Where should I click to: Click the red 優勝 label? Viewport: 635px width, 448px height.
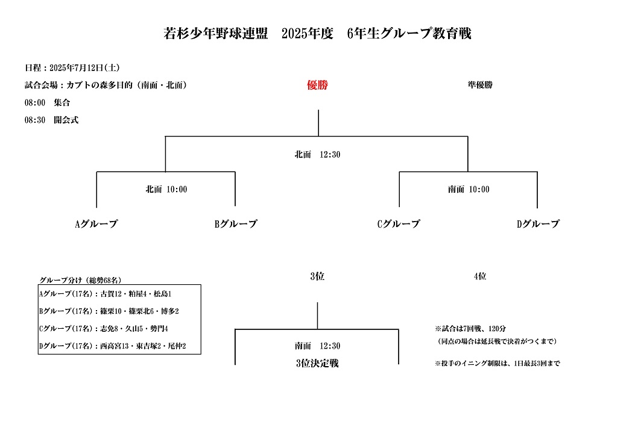(x=317, y=85)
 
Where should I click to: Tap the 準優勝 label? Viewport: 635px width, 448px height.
(x=480, y=85)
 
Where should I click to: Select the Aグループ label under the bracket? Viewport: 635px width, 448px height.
(x=96, y=223)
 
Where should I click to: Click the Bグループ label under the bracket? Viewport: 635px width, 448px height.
(x=236, y=223)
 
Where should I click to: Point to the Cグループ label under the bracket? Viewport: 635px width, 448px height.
(x=399, y=223)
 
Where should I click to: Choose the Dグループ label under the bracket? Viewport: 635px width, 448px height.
(x=538, y=223)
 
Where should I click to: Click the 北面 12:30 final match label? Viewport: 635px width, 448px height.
(x=317, y=155)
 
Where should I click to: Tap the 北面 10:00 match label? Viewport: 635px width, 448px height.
(x=166, y=189)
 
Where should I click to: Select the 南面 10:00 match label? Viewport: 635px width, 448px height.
(x=469, y=189)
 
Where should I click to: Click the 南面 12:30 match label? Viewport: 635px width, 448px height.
(x=317, y=346)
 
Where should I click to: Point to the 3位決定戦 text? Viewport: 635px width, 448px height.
(x=317, y=363)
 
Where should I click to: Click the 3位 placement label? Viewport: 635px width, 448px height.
(x=317, y=276)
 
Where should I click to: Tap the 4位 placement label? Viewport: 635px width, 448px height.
(x=480, y=276)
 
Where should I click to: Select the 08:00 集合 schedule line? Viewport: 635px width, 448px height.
(x=48, y=103)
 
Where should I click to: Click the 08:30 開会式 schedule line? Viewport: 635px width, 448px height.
(x=51, y=120)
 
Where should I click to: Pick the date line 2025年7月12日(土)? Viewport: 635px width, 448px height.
(x=72, y=68)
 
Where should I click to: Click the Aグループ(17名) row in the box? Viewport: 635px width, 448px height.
(x=106, y=294)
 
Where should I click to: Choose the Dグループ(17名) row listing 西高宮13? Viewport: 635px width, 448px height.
(x=113, y=346)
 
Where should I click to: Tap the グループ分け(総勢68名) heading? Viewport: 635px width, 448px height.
(x=80, y=280)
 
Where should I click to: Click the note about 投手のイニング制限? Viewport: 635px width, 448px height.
(x=498, y=364)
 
